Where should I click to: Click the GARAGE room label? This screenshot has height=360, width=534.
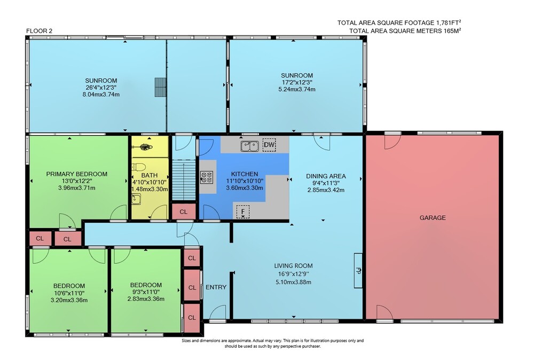[x=433, y=217]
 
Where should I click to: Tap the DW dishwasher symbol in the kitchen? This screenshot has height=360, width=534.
[x=269, y=145]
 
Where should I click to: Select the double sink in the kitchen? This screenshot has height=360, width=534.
[x=250, y=146]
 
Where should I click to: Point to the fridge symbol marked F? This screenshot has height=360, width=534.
[x=243, y=212]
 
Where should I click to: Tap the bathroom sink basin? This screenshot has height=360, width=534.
[x=136, y=199]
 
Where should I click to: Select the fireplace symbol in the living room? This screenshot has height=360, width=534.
[x=358, y=271]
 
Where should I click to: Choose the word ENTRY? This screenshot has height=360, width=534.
[x=216, y=287]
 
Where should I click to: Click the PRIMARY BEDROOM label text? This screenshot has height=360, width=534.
[x=76, y=174]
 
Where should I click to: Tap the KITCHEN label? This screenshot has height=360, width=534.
[x=245, y=174]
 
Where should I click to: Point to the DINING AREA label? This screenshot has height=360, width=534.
[x=326, y=176]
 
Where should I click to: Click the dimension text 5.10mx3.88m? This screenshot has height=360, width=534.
[x=293, y=282]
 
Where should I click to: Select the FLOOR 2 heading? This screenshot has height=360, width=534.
[x=39, y=30]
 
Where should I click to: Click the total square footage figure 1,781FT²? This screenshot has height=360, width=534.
[x=449, y=22]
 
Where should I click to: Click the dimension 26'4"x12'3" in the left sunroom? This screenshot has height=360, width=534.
[x=101, y=88]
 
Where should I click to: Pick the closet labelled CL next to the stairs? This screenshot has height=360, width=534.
[x=184, y=212]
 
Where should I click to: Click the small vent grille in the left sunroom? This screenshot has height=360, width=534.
[x=160, y=87]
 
